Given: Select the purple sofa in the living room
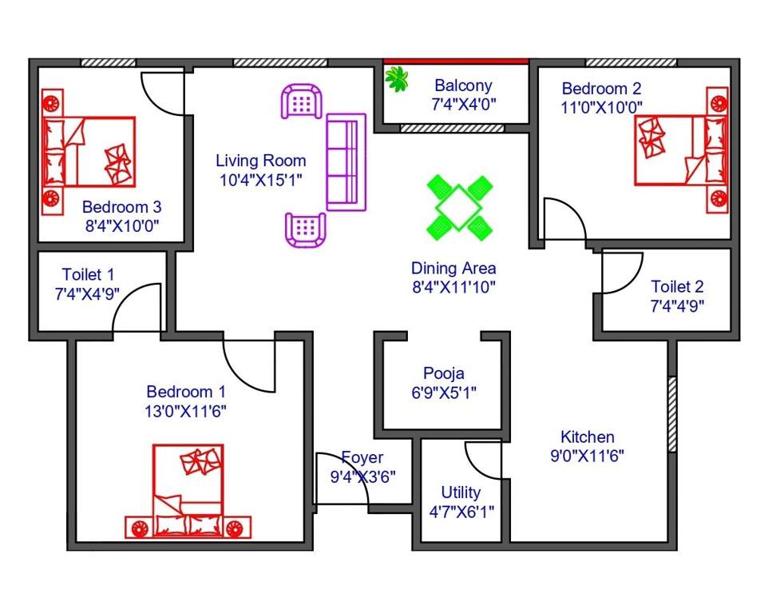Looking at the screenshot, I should [x=346, y=162].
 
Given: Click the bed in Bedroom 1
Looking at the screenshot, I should [x=188, y=491].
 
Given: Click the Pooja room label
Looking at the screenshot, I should [x=443, y=373].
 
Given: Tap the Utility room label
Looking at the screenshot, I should [x=461, y=492].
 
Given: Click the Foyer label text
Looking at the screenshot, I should [x=362, y=458].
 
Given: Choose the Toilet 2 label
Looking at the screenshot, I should [x=677, y=286].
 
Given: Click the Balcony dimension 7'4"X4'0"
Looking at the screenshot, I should [x=463, y=104].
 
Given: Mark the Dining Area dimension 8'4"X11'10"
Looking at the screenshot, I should [x=453, y=287].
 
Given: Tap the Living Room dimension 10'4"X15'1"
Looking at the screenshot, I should [x=261, y=180].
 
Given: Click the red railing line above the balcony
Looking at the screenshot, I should [x=456, y=61].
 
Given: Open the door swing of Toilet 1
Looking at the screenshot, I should [x=137, y=308].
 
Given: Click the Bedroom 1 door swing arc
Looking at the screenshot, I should [x=249, y=364].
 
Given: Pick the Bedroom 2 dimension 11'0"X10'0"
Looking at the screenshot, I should [x=602, y=107].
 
